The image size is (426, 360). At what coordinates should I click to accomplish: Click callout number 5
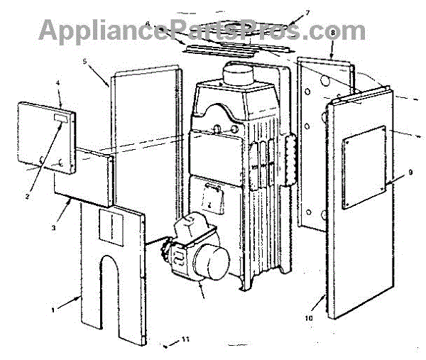click(84, 62)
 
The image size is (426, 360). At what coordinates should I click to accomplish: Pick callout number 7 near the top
click(288, 13)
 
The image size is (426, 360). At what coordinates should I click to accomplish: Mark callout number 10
click(310, 318)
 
